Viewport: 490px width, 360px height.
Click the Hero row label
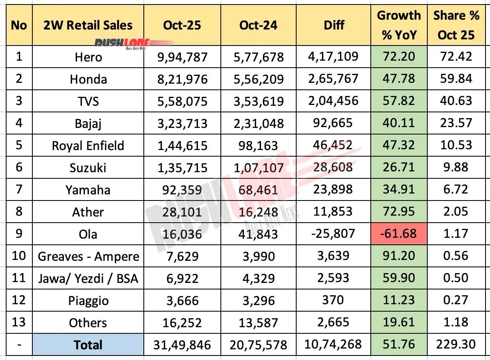88,57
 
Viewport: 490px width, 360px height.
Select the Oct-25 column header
182,25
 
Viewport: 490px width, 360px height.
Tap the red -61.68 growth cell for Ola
399,234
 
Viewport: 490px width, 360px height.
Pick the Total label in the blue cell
88,345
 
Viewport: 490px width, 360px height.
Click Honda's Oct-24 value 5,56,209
258,79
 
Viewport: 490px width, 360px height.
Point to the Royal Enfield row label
88,146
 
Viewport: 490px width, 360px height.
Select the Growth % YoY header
399,25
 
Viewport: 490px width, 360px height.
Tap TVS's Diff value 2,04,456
333,101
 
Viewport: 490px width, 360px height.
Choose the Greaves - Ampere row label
88,256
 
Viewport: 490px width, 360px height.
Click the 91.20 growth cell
399,256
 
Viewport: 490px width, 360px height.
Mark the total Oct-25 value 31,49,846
182,345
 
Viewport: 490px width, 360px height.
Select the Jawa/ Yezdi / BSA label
88,278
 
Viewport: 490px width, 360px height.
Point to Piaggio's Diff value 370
333,300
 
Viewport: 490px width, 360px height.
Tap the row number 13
19,323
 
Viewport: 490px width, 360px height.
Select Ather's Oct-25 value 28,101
182,212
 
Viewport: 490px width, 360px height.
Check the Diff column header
333,25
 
